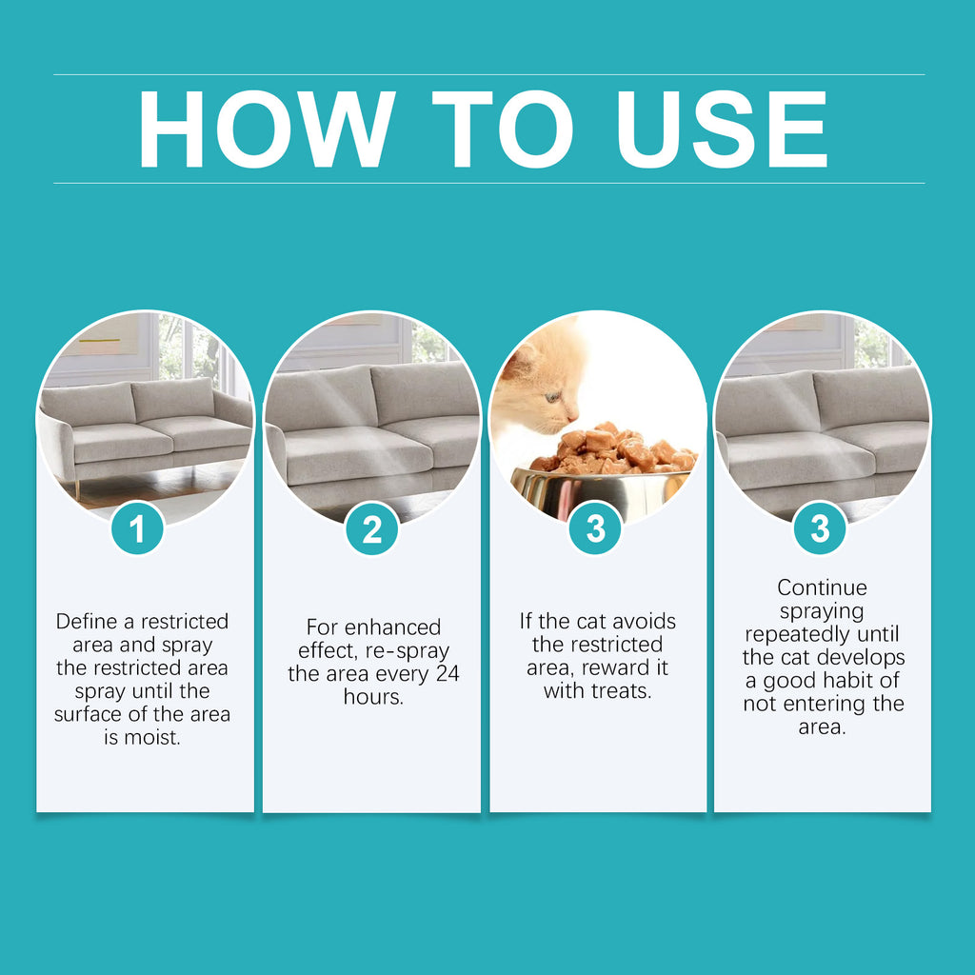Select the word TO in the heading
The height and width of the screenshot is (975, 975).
[502, 130]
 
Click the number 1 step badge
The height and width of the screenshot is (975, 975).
[138, 528]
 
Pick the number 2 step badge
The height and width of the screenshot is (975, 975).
[371, 528]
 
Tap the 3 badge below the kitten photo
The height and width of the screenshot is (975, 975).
[596, 528]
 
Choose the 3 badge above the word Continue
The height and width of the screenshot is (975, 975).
[821, 528]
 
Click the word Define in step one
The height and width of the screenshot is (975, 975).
[87, 622]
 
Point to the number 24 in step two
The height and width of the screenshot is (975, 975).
[448, 674]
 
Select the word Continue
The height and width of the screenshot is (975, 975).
[822, 587]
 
